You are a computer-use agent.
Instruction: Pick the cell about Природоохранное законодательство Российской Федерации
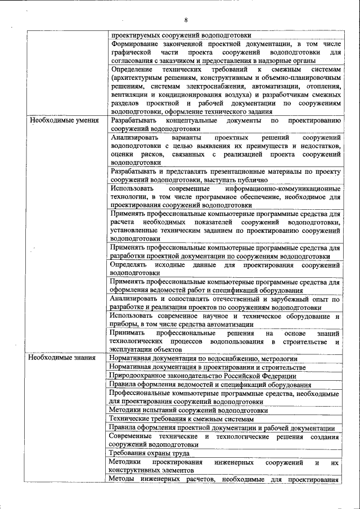click(203, 376)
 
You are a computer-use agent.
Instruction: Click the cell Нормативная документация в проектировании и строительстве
click(208, 367)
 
